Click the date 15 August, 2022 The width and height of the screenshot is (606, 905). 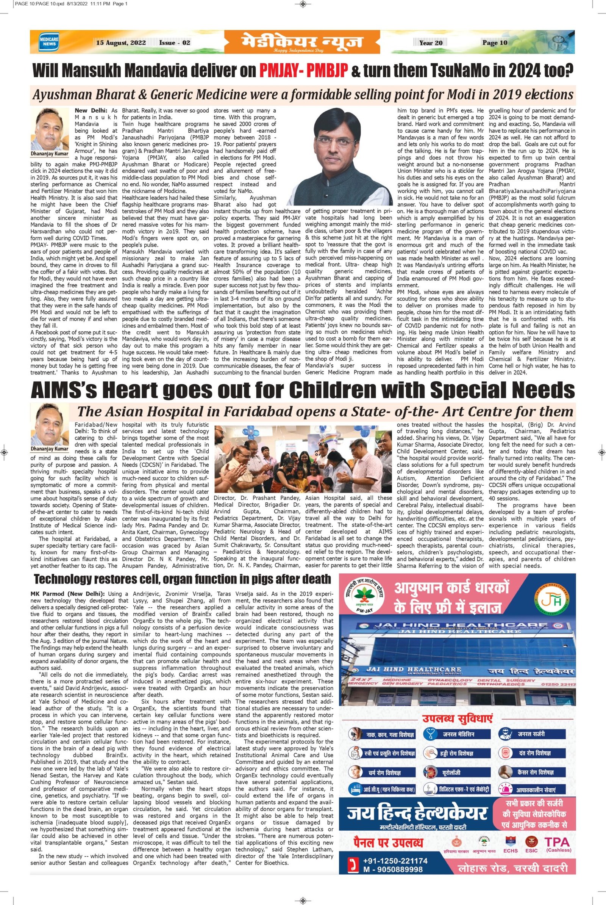(120, 42)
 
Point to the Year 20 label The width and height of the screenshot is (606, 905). (431, 43)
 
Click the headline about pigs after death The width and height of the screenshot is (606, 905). (182, 579)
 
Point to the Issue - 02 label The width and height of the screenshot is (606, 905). (175, 42)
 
